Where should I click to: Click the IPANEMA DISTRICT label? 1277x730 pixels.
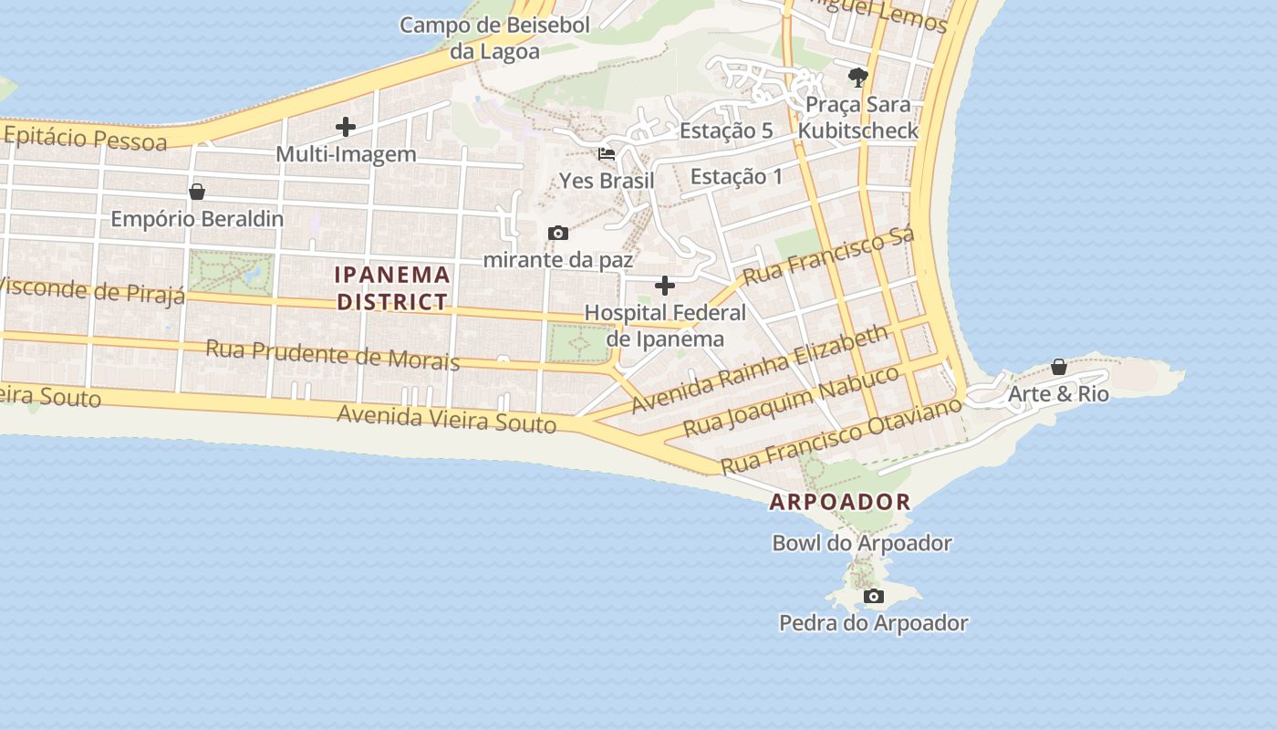click(392, 287)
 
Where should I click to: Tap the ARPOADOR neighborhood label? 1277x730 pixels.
click(839, 502)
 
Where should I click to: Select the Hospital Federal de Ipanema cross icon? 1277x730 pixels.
click(665, 286)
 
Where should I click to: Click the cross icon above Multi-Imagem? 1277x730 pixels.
click(346, 127)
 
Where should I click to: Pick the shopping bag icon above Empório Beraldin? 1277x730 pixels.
click(196, 192)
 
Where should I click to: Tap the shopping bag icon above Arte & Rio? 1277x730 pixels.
click(1058, 367)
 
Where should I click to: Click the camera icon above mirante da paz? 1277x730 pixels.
click(558, 234)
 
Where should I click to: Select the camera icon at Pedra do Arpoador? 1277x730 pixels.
click(873, 597)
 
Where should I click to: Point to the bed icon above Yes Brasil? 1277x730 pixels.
click(607, 153)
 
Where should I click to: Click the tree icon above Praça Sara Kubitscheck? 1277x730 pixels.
click(857, 77)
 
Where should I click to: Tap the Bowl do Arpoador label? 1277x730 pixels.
click(862, 543)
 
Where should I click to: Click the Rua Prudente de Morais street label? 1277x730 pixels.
click(332, 354)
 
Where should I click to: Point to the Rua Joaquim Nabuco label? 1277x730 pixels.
click(791, 401)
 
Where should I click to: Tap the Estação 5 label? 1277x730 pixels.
click(726, 130)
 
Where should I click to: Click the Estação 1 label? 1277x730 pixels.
click(736, 176)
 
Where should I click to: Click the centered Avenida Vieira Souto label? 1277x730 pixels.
click(446, 419)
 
